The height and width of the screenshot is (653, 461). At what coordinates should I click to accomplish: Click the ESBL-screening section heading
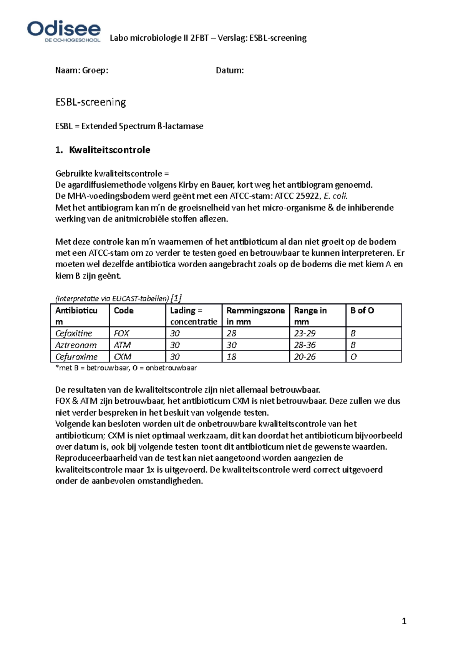[x=91, y=102]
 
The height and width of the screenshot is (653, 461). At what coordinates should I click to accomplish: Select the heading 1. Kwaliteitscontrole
[x=103, y=150]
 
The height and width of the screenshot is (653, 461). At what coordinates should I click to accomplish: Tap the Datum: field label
[x=230, y=70]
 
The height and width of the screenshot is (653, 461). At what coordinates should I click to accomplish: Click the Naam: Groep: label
[x=82, y=70]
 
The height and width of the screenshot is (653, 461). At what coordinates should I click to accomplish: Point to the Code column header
[x=124, y=310]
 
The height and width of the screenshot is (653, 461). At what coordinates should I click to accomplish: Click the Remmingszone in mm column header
[x=255, y=315]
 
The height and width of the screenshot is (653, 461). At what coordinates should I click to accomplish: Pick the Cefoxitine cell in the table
[x=74, y=333]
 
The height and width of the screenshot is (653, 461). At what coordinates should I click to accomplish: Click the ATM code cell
[x=122, y=345]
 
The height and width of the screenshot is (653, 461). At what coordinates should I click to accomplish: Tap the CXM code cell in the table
[x=123, y=356]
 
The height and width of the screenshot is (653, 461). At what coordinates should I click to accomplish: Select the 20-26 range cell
[x=305, y=356]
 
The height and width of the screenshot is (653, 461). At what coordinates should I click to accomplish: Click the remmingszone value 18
[x=231, y=356]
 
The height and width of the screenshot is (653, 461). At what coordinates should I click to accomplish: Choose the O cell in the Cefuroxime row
[x=353, y=356]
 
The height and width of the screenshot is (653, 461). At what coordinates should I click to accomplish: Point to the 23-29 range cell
[x=305, y=333]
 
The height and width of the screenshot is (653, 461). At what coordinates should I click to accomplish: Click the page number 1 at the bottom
[x=404, y=621]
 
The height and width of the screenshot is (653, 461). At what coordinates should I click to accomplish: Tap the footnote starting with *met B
[x=126, y=368]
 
